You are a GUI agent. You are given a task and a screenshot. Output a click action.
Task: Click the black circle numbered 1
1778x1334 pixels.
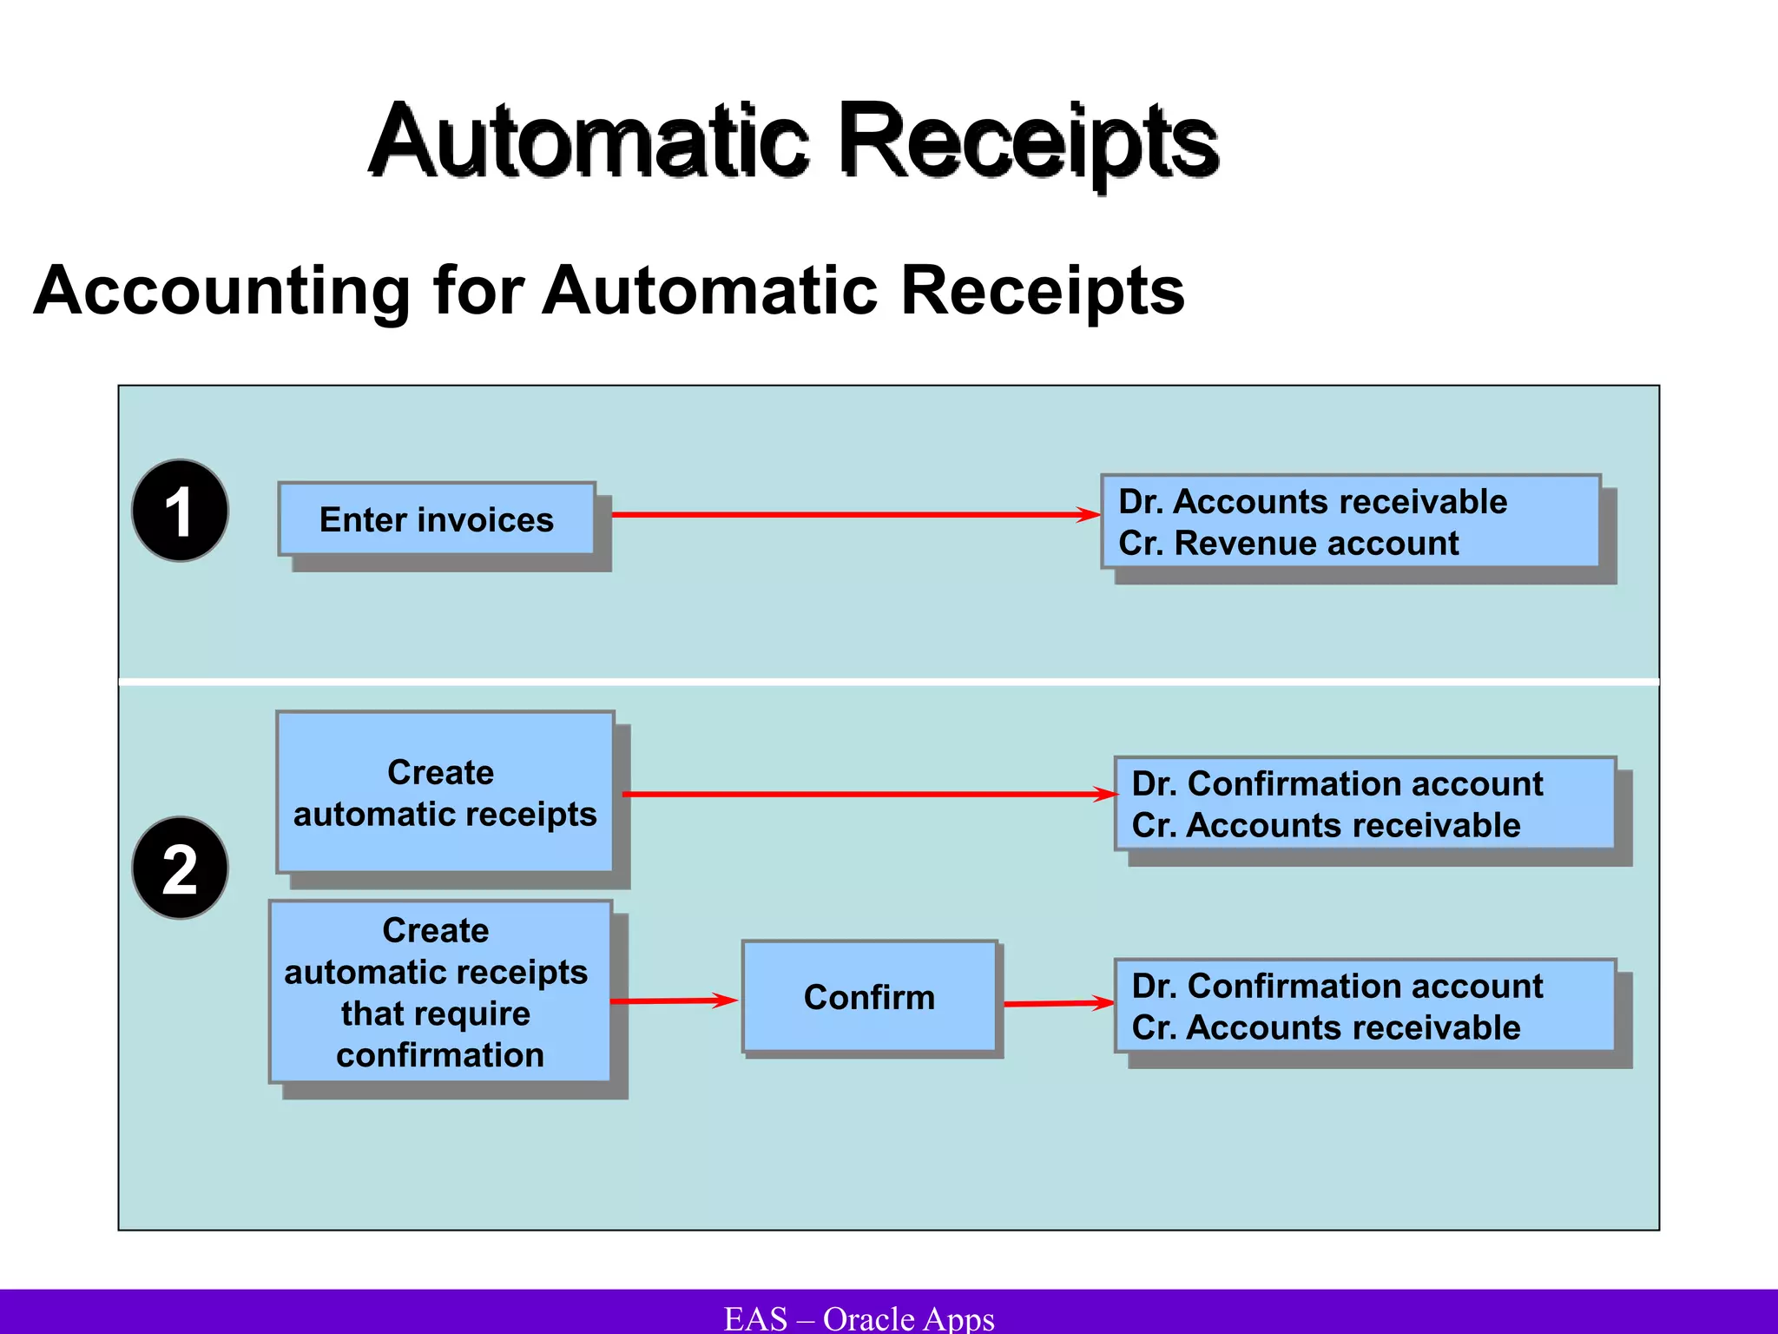180,511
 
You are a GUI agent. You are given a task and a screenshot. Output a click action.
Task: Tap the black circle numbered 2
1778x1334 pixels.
180,868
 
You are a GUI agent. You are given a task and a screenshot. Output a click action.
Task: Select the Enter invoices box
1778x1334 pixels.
437,519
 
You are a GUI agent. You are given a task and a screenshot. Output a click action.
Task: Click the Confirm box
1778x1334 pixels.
869,997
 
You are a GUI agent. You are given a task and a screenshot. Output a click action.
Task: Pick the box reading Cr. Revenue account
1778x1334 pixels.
1350,522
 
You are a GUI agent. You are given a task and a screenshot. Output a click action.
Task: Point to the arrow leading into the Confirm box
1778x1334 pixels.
673,1000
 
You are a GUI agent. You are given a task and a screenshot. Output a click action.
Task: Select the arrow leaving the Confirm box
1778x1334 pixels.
1057,1003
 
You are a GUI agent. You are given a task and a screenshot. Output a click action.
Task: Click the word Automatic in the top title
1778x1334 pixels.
589,141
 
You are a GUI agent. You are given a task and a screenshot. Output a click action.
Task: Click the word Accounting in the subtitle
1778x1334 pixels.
221,291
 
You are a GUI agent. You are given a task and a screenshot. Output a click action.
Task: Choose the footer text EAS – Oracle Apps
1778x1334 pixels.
859,1318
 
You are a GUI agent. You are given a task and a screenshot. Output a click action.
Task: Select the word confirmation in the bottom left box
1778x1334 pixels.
440,1055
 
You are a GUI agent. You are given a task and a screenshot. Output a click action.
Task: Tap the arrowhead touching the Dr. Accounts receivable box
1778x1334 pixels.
1089,515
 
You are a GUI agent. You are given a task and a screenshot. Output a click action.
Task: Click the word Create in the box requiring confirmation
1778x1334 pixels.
436,930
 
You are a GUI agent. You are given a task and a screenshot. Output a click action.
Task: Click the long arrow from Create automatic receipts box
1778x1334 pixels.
868,794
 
